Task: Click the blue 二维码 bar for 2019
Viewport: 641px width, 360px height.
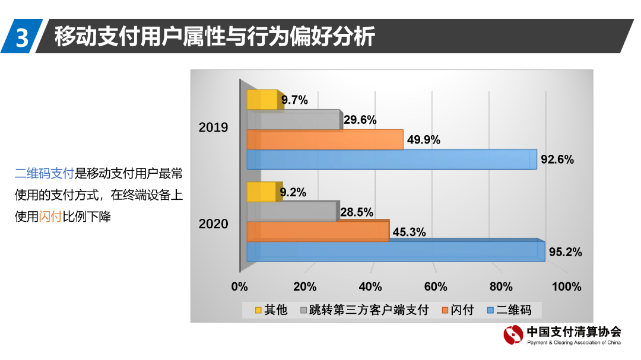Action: (x=392, y=160)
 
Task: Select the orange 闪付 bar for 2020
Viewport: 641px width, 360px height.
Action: (x=318, y=231)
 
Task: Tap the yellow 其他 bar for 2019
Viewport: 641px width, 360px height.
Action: (x=262, y=100)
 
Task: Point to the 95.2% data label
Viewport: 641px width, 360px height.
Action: (x=565, y=252)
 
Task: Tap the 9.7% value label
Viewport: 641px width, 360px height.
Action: (x=294, y=100)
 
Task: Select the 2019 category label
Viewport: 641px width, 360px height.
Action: (x=213, y=128)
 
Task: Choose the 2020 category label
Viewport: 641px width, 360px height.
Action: (x=213, y=224)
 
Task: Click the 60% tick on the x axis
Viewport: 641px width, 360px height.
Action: (x=435, y=287)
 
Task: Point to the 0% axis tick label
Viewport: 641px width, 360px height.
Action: (x=239, y=287)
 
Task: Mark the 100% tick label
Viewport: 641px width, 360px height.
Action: (x=566, y=287)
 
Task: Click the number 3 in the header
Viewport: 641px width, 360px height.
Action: (x=22, y=37)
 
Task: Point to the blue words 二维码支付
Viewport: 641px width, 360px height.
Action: (x=45, y=174)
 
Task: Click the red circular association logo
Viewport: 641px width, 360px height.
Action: (x=513, y=336)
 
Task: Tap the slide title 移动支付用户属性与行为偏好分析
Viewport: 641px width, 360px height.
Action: (x=214, y=37)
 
